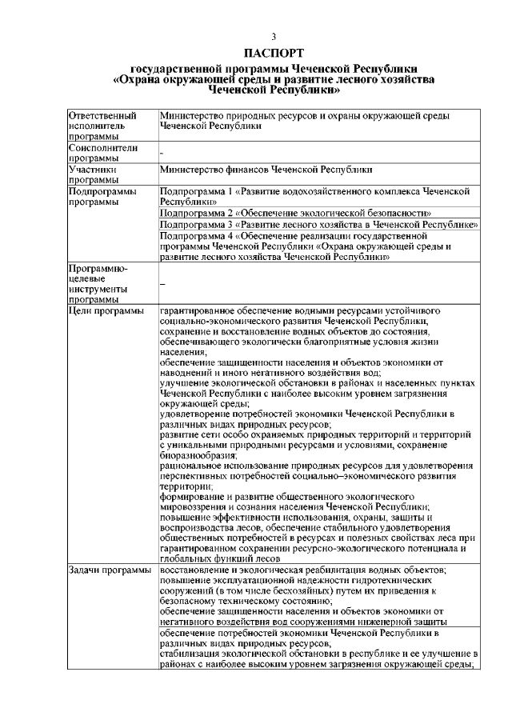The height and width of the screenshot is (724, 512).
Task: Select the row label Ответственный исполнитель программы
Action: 102,126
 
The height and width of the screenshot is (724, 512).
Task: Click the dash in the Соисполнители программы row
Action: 162,152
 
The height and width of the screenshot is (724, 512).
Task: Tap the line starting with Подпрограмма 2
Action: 295,214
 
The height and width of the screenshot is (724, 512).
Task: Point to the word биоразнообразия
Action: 193,454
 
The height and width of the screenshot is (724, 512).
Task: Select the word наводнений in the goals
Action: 186,372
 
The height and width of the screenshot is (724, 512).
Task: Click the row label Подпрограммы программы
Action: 102,197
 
